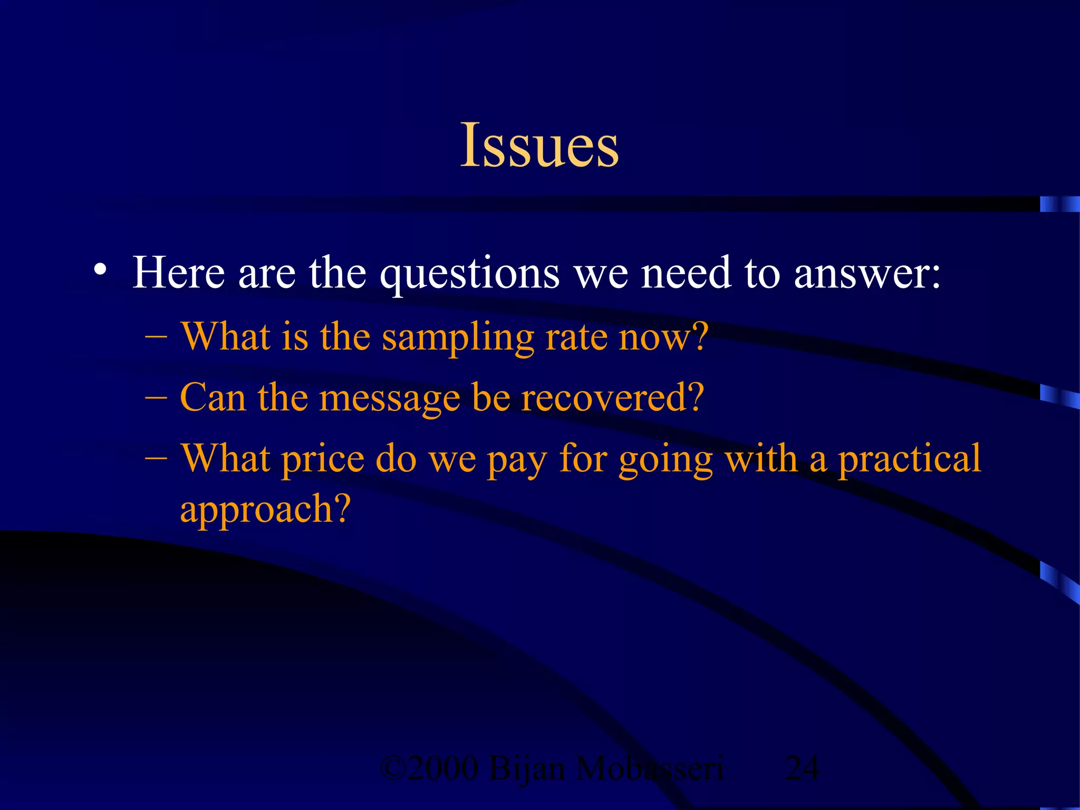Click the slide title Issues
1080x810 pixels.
coord(539,145)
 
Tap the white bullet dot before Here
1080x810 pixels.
coord(100,270)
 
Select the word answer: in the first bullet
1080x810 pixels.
coord(867,273)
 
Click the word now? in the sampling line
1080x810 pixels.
coord(663,337)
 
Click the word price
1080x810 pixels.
coord(323,459)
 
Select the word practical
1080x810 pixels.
coord(910,459)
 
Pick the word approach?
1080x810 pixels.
coord(265,509)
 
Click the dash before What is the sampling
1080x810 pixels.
coord(156,336)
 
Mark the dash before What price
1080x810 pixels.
coord(156,457)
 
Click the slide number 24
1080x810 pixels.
coord(802,768)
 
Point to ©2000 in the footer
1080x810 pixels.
coord(430,768)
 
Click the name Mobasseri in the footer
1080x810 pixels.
coord(649,768)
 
